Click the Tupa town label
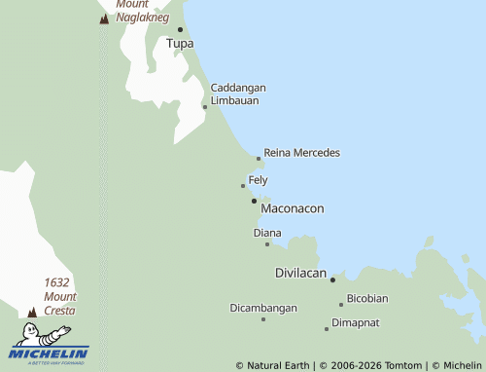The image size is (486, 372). (180, 44)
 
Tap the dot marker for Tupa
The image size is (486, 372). (180, 29)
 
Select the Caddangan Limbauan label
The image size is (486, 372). (238, 94)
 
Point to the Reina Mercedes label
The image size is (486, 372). (301, 153)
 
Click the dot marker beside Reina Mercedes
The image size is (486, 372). (259, 158)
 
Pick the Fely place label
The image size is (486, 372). (258, 180)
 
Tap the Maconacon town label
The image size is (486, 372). (293, 208)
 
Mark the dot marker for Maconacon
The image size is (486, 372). (254, 201)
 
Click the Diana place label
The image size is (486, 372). (267, 233)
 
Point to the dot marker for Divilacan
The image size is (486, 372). (332, 279)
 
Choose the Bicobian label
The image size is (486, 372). (367, 298)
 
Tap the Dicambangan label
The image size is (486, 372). (263, 308)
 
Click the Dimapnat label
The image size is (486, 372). (355, 322)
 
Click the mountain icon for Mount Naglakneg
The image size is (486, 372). (105, 19)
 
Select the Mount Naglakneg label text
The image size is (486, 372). (142, 11)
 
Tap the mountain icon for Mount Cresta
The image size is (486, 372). (32, 312)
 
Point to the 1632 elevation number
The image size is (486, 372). (56, 282)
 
